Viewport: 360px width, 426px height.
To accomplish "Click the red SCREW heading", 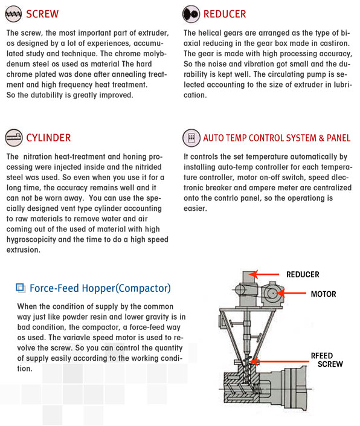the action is click(x=42, y=14).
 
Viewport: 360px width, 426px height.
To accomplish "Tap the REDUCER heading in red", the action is click(x=225, y=14).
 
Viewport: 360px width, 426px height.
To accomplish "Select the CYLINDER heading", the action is click(x=48, y=138).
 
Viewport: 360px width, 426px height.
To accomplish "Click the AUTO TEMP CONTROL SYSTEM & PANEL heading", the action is click(x=277, y=138).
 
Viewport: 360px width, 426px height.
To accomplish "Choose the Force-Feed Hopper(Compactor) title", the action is click(x=100, y=288).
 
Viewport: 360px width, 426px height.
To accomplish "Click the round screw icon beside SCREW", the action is click(x=13, y=14).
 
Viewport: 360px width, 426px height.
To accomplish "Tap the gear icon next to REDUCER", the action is click(x=191, y=14).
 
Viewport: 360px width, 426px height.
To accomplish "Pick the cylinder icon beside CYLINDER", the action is click(x=13, y=138).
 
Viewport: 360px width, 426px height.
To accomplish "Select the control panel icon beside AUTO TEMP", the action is click(x=191, y=138).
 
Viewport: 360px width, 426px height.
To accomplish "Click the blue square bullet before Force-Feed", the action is click(x=21, y=288).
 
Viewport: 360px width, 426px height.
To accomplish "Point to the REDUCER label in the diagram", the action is click(x=303, y=274).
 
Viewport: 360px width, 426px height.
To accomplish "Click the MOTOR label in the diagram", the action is click(x=323, y=294).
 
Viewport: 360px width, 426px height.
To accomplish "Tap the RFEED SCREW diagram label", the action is click(x=327, y=360).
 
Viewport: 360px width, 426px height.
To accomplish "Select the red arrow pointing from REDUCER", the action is click(x=265, y=274).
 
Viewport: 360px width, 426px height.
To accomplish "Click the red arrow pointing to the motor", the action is click(x=292, y=294).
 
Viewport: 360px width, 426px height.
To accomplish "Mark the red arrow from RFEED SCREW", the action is click(x=280, y=361).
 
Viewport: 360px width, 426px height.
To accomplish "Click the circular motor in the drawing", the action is click(x=272, y=294).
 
